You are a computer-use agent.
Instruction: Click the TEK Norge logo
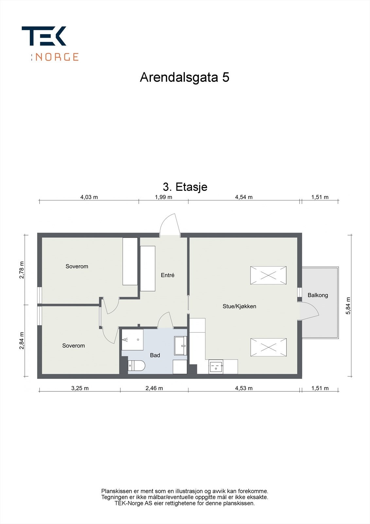50,43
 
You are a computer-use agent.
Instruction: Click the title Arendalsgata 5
185,77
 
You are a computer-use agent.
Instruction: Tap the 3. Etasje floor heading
185,187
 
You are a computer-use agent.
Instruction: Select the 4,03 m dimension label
89,197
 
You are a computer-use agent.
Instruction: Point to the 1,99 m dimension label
163,197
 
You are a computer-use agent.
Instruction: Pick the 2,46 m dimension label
154,388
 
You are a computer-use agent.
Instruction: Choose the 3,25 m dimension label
80,388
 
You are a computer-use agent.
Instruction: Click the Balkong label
318,295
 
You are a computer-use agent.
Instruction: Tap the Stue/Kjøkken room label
239,307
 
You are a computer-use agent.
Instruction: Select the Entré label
167,275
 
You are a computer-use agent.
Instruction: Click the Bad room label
155,355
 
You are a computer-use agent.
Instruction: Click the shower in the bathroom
132,340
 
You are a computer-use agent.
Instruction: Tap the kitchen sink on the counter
216,366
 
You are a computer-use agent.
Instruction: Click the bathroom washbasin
181,346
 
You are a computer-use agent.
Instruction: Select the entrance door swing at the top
169,224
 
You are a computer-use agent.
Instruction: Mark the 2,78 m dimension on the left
22,270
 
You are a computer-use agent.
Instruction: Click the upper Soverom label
77,266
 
